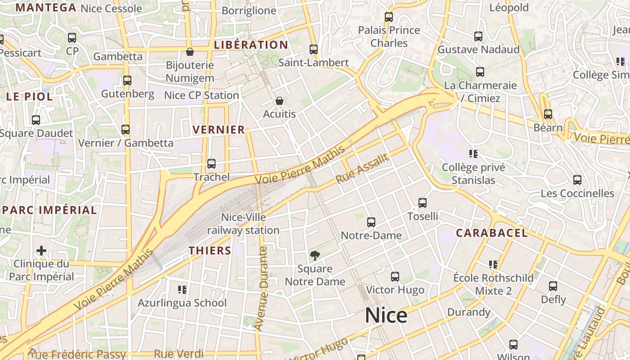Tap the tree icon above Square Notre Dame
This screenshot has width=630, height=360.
[315, 256]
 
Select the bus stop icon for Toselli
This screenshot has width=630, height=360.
[423, 203]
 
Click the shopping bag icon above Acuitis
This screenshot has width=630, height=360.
[279, 101]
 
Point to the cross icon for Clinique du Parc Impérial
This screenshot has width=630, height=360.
[41, 250]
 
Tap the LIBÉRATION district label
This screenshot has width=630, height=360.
[251, 45]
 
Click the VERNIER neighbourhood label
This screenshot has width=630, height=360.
[219, 130]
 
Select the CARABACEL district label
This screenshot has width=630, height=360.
[492, 233]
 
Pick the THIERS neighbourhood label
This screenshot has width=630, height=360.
[210, 251]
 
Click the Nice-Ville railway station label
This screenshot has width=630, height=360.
[243, 224]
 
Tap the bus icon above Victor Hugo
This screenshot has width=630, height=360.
[395, 276]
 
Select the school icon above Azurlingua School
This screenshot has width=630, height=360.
[182, 289]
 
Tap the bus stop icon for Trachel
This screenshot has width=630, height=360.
[211, 164]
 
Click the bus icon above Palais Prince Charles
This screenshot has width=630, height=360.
[389, 17]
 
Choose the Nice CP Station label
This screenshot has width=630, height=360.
[201, 95]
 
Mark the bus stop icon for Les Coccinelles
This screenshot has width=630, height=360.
[577, 180]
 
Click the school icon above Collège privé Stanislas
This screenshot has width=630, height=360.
[473, 154]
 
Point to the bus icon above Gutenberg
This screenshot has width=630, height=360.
[127, 81]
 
